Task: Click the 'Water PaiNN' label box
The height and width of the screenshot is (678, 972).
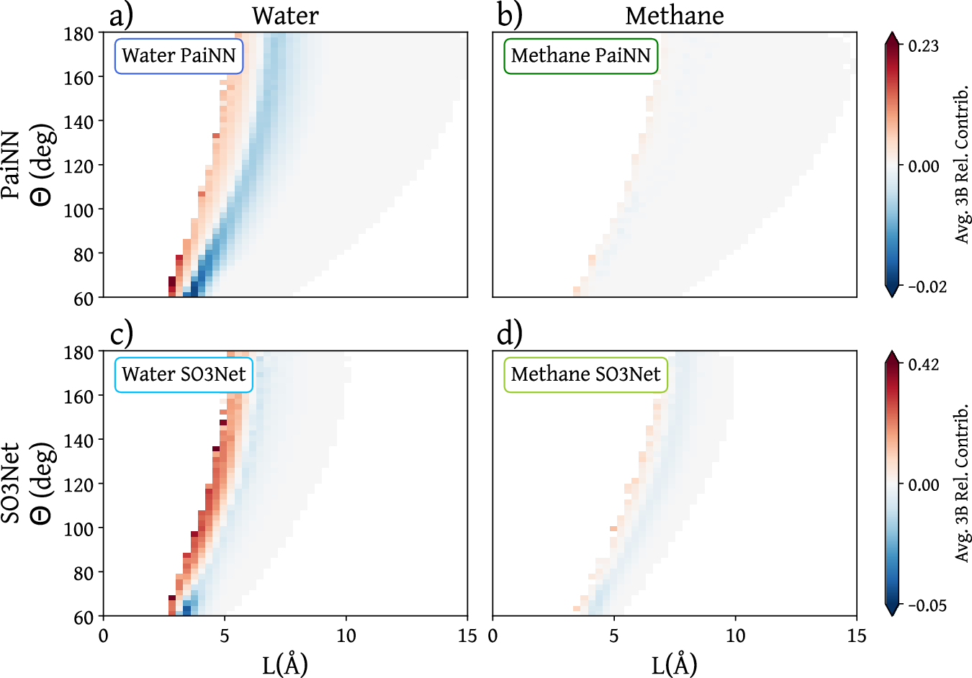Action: coord(179,55)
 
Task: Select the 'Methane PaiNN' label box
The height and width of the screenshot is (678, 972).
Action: coord(580,55)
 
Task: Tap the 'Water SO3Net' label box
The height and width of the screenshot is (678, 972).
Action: coord(184,374)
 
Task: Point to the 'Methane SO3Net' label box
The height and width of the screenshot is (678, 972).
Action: coord(585,374)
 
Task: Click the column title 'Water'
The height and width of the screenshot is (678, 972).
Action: coord(285,15)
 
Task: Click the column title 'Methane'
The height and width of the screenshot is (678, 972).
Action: coord(675,15)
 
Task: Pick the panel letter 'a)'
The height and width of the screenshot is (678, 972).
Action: coord(121,14)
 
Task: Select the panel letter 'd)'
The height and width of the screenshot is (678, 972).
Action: coord(510,333)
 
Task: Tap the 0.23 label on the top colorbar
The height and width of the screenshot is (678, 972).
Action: coord(923,46)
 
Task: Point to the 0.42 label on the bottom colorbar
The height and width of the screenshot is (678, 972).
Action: coord(923,365)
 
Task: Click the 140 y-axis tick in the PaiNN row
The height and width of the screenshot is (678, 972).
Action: coord(78,122)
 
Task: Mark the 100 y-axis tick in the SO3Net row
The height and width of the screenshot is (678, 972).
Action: coord(78,528)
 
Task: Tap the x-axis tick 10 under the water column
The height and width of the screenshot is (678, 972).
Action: coord(346,636)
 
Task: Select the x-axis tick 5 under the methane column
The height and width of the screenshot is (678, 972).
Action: coord(614,636)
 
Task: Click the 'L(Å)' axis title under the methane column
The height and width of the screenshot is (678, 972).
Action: coord(675,664)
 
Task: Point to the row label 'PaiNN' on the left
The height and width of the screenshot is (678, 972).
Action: coord(12,165)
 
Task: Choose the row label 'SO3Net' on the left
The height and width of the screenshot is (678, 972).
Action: coord(12,483)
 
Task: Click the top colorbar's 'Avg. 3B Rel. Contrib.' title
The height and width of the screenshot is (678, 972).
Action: coord(962,166)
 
